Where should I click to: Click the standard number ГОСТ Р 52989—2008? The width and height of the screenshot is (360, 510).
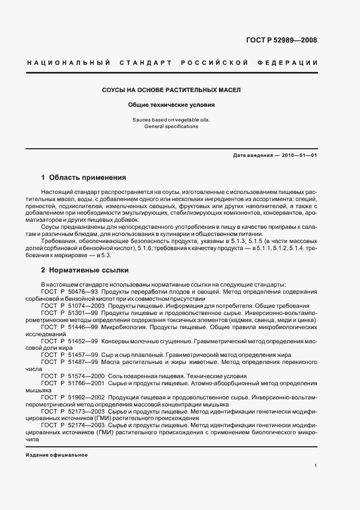[x=281, y=40]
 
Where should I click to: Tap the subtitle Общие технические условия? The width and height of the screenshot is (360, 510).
[x=172, y=105]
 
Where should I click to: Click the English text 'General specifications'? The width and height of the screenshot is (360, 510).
[x=172, y=126]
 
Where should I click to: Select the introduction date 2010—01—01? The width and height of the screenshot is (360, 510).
[x=298, y=155]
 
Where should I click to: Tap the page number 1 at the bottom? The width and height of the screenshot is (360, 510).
[x=316, y=466]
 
